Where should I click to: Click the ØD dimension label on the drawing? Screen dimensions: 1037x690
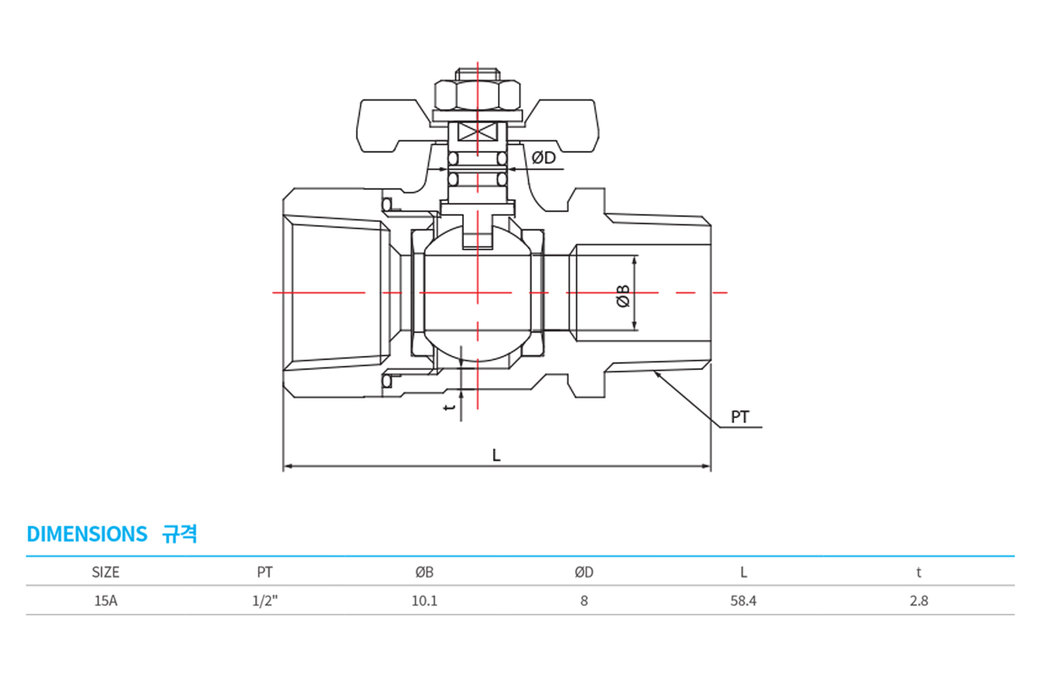tap(543, 158)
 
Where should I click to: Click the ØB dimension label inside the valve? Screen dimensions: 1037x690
tap(623, 295)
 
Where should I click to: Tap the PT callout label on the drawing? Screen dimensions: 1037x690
tap(740, 418)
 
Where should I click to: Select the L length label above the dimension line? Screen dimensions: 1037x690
tap(497, 455)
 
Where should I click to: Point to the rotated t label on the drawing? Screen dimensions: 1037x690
tap(449, 408)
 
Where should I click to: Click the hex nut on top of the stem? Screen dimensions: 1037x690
tap(477, 96)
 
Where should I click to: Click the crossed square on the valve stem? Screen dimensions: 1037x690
tap(477, 132)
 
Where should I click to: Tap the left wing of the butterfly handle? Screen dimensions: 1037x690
tap(393, 125)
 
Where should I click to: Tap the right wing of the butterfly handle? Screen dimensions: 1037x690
tap(561, 125)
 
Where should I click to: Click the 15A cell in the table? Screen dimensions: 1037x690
tap(105, 601)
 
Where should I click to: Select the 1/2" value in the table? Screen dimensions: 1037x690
tap(265, 601)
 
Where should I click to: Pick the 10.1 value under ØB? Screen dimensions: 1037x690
tap(424, 601)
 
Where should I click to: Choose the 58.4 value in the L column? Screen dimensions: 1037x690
tap(743, 601)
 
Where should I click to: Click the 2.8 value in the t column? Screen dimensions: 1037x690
tap(919, 601)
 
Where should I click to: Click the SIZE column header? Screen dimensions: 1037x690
tap(105, 573)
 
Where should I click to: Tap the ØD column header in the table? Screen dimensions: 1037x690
tap(584, 573)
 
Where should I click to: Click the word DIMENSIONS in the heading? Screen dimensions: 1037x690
tap(87, 534)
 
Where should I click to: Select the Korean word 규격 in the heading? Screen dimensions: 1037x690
tap(180, 534)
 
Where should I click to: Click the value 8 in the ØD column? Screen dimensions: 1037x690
tap(584, 601)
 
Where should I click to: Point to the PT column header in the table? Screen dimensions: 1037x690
tap(265, 573)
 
